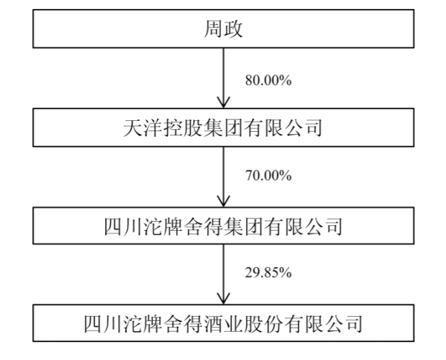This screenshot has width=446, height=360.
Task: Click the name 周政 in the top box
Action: [x=223, y=29]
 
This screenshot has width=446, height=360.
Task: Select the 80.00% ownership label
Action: [x=268, y=80]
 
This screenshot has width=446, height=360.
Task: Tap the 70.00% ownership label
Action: [x=268, y=175]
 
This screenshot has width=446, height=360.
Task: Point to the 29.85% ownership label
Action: [x=268, y=273]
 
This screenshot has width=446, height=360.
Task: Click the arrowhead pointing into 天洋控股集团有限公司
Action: [x=223, y=102]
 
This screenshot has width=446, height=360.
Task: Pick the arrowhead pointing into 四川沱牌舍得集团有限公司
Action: [x=223, y=201]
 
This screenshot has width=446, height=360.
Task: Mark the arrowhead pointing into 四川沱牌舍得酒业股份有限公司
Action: [x=223, y=298]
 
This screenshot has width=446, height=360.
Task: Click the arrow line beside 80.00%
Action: [x=223, y=78]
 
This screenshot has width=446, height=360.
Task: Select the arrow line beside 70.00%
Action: [x=223, y=177]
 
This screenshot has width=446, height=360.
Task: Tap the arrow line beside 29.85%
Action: [x=223, y=274]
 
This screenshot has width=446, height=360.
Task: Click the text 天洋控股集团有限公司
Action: [x=223, y=128]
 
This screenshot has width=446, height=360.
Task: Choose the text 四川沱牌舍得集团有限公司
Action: [x=223, y=226]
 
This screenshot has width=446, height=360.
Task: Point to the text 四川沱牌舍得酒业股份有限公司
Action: [x=223, y=324]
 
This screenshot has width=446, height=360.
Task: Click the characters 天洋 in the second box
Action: [x=143, y=128]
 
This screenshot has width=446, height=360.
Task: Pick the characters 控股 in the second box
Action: [x=183, y=128]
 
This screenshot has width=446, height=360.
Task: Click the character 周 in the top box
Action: [x=213, y=29]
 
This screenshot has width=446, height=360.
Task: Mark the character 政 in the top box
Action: [x=233, y=29]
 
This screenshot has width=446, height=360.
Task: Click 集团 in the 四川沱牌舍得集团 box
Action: [x=243, y=226]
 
